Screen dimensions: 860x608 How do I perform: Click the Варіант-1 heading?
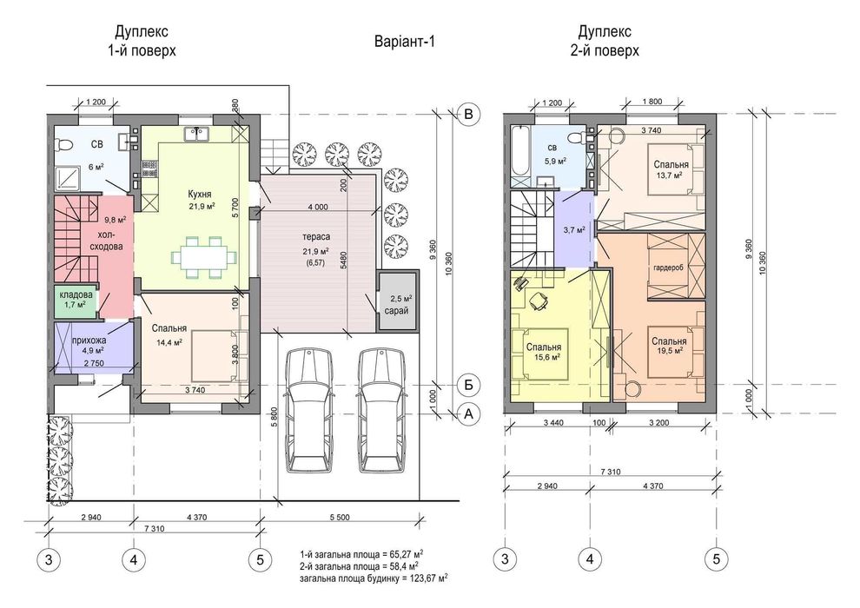click(x=404, y=42)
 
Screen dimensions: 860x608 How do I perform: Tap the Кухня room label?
click(x=200, y=194)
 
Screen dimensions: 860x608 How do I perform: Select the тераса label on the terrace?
click(x=316, y=237)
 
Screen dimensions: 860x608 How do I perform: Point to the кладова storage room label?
click(x=76, y=294)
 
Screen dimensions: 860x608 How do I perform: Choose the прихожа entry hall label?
click(x=89, y=340)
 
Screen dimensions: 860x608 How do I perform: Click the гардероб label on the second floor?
click(x=668, y=268)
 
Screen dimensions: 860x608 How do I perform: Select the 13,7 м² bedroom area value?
click(x=669, y=175)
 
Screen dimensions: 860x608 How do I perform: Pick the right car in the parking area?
click(x=382, y=410)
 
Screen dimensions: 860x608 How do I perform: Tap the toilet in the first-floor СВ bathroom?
click(x=64, y=145)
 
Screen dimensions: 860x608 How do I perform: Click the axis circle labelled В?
click(x=468, y=114)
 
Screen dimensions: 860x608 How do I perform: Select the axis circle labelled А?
click(x=468, y=414)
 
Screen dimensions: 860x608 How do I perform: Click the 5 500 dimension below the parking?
click(x=340, y=517)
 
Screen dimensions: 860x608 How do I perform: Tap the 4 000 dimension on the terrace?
click(x=318, y=208)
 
